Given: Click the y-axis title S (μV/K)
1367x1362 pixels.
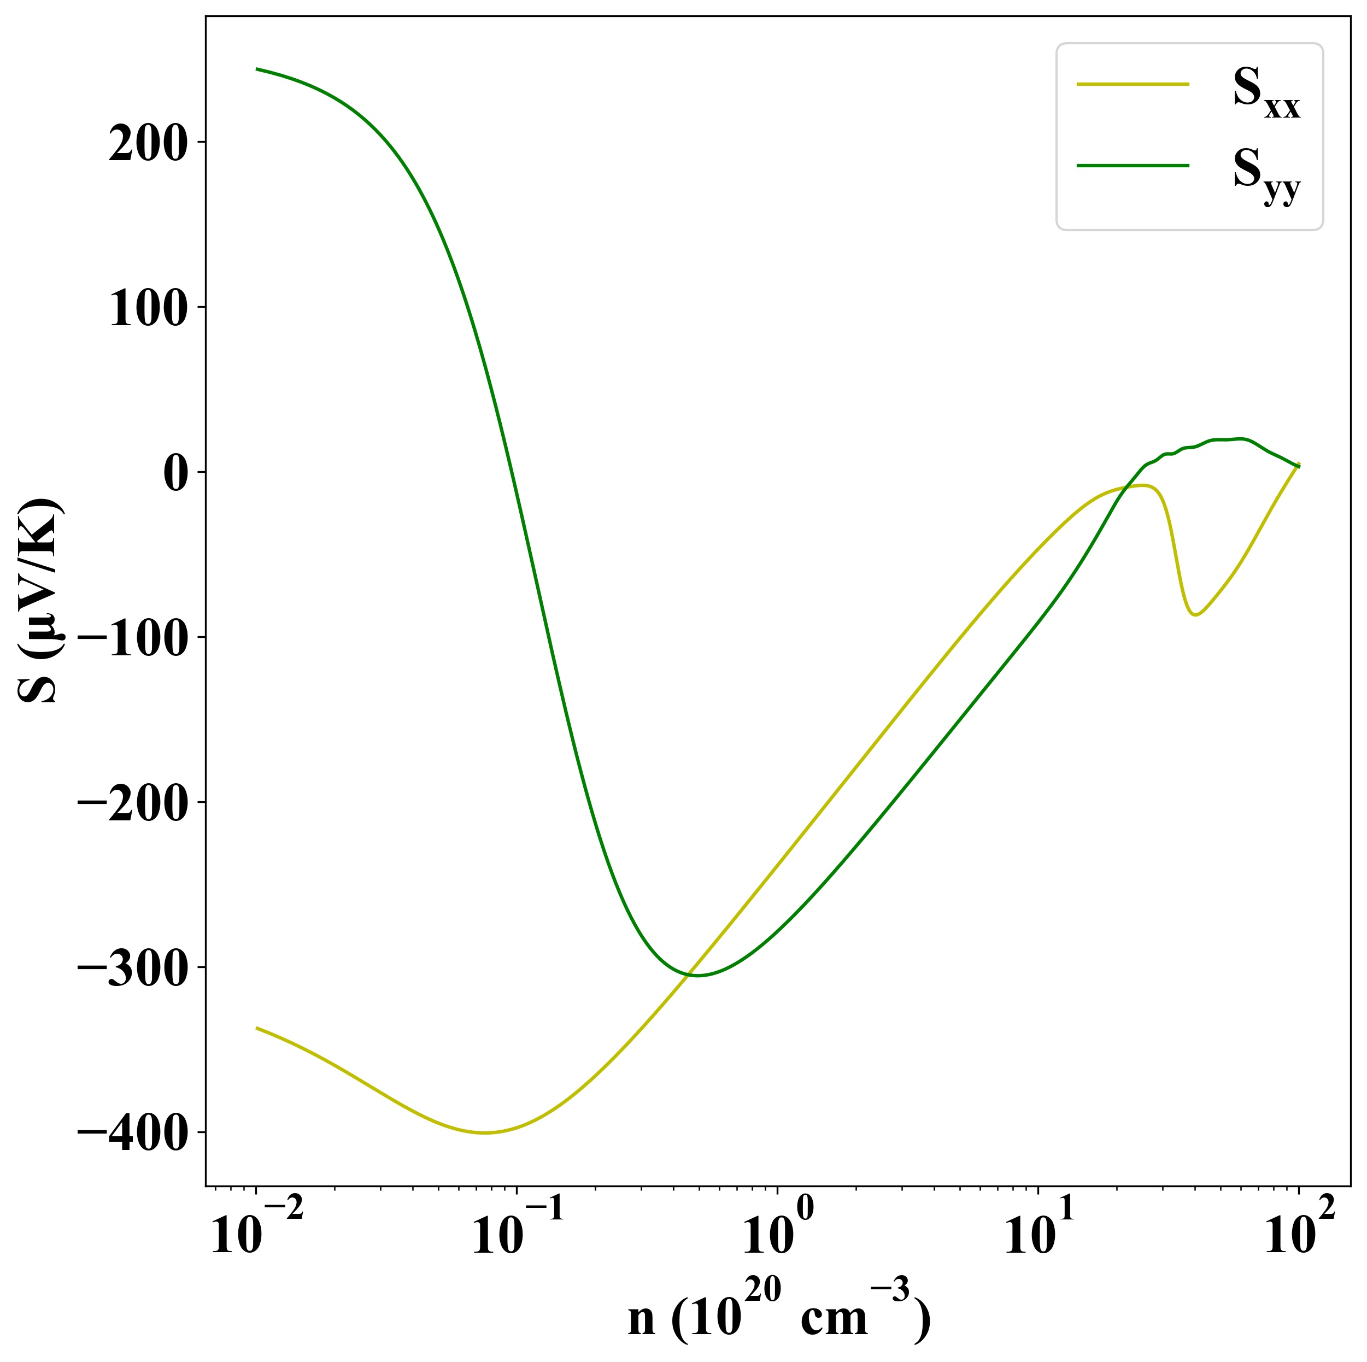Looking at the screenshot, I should click(x=39, y=601).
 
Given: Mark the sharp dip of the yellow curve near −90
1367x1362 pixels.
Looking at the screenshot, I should click(x=1195, y=615).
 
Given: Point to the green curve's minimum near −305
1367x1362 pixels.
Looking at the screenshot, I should click(x=697, y=976).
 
